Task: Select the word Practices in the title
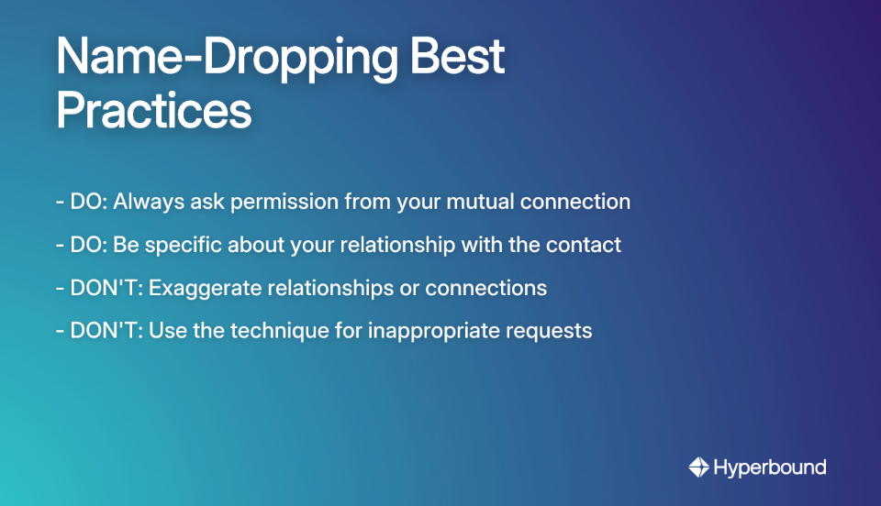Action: click(153, 112)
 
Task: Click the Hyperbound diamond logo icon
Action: click(699, 467)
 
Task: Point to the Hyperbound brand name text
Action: click(770, 467)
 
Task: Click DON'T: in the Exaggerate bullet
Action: click(106, 288)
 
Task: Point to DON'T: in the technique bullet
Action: click(106, 331)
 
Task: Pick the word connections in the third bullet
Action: click(485, 288)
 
